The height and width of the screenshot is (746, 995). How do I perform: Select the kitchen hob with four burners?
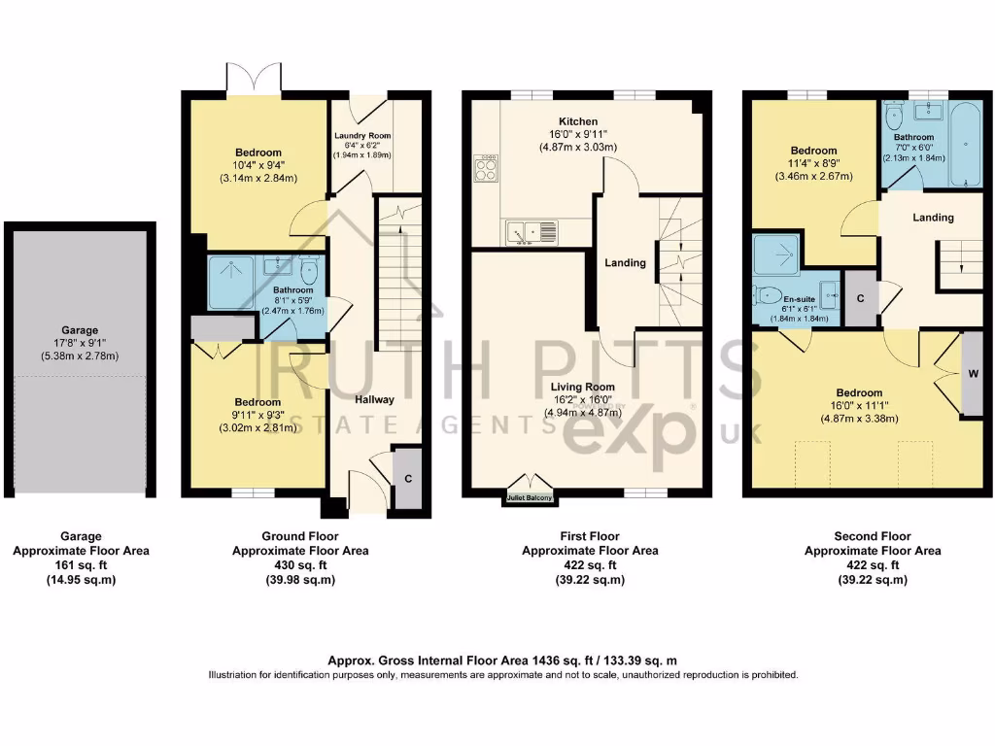[486, 169]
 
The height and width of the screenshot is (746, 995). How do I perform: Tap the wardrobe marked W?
[971, 373]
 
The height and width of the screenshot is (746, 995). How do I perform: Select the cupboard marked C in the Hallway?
[408, 477]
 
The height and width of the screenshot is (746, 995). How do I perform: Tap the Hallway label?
[374, 399]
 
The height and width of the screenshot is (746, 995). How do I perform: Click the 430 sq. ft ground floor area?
[299, 565]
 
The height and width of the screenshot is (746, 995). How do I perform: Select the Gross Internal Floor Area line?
[502, 661]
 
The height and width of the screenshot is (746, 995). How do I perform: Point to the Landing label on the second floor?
[933, 218]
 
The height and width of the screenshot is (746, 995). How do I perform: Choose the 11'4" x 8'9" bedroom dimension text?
[813, 164]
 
